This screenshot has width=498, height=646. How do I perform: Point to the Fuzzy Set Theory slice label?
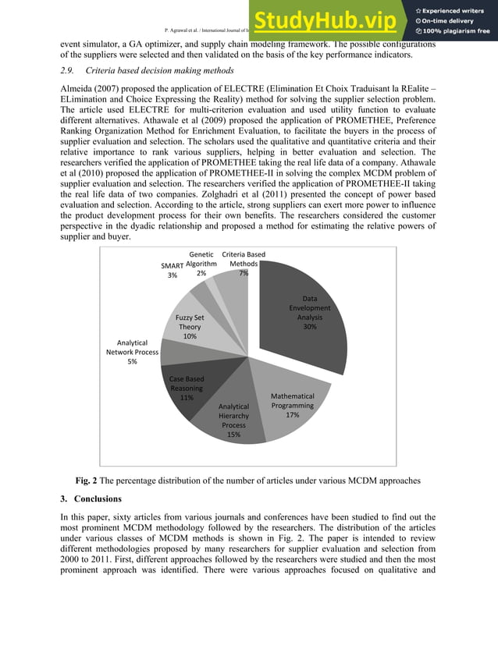click(190, 327)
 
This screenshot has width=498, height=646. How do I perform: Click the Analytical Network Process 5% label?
click(132, 352)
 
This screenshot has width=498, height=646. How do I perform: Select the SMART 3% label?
click(172, 270)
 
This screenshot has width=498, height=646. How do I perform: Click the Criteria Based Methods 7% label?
click(244, 264)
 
